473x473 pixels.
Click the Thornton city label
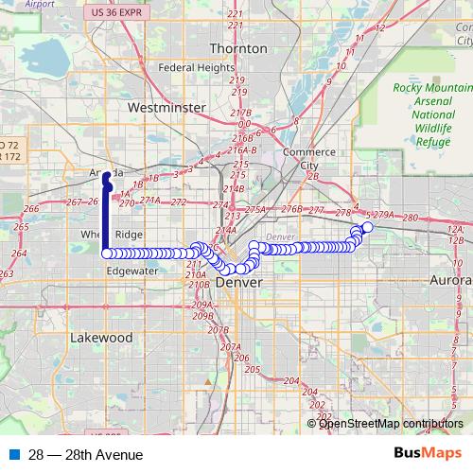pyautogui.click(x=232, y=48)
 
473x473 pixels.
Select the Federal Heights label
pyautogui.click(x=196, y=68)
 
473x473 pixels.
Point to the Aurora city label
pyautogui.click(x=451, y=282)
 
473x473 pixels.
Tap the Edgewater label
pyautogui.click(x=131, y=270)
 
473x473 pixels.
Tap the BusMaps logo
pyautogui.click(x=427, y=454)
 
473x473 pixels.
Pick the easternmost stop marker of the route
pyautogui.click(x=368, y=227)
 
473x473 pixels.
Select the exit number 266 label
pyautogui.click(x=30, y=209)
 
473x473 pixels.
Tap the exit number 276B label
pyautogui.click(x=290, y=209)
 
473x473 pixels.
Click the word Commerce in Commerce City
pyautogui.click(x=308, y=151)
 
